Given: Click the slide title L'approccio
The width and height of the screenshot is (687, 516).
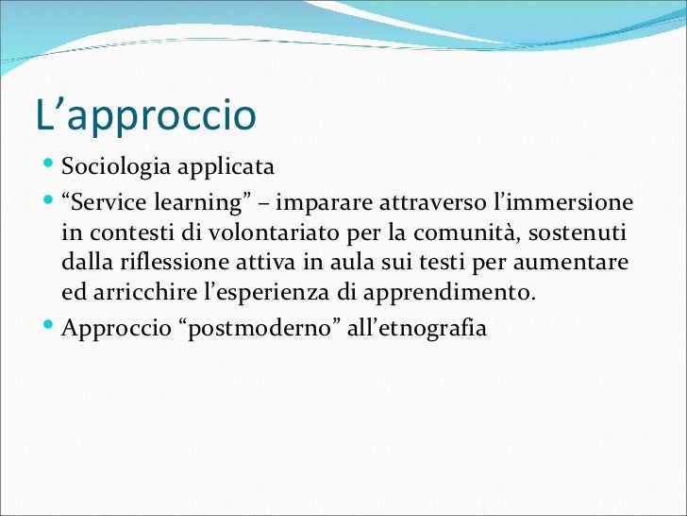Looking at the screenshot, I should coord(145,116).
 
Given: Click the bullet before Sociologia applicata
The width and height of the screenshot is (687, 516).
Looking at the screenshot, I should coord(51,168).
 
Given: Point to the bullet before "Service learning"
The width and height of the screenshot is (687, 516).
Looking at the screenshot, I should coord(51,203).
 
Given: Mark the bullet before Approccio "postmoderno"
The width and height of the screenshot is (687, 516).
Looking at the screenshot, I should coord(51,330).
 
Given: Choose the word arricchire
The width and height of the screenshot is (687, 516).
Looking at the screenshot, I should coord(146,292).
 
